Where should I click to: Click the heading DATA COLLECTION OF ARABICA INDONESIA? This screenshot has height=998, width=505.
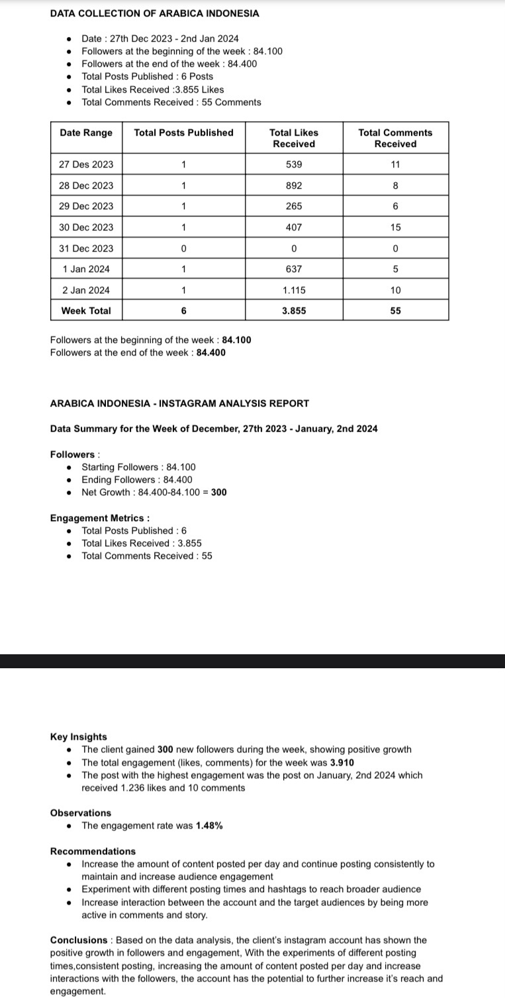(154, 13)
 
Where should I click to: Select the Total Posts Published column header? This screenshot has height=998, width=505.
(183, 132)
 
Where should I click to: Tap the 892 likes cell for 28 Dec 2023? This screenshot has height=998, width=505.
(294, 185)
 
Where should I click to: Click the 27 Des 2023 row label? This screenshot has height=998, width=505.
(86, 164)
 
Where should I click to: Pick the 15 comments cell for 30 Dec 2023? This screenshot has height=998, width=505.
(395, 227)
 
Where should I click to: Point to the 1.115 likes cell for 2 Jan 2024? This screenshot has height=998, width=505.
(294, 290)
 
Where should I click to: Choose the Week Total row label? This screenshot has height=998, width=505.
(86, 311)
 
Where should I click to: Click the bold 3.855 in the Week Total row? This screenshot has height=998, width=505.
(294, 311)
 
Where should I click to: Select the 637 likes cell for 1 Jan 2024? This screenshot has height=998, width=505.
(294, 269)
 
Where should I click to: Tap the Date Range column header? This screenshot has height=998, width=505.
(86, 132)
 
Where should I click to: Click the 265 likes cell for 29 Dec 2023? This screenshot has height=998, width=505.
(294, 206)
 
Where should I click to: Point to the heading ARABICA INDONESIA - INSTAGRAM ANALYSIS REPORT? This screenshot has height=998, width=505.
(179, 403)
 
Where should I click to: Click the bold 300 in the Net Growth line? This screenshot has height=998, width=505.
(219, 492)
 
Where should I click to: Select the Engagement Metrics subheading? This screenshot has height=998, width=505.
(99, 518)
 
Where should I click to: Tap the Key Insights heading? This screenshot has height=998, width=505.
(78, 736)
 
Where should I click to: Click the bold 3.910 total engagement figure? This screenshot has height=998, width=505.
(342, 762)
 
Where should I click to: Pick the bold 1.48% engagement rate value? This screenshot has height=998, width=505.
(209, 826)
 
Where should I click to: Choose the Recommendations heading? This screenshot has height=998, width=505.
(93, 851)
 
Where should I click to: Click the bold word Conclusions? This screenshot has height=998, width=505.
(78, 940)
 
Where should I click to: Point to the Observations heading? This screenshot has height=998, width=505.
(81, 813)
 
